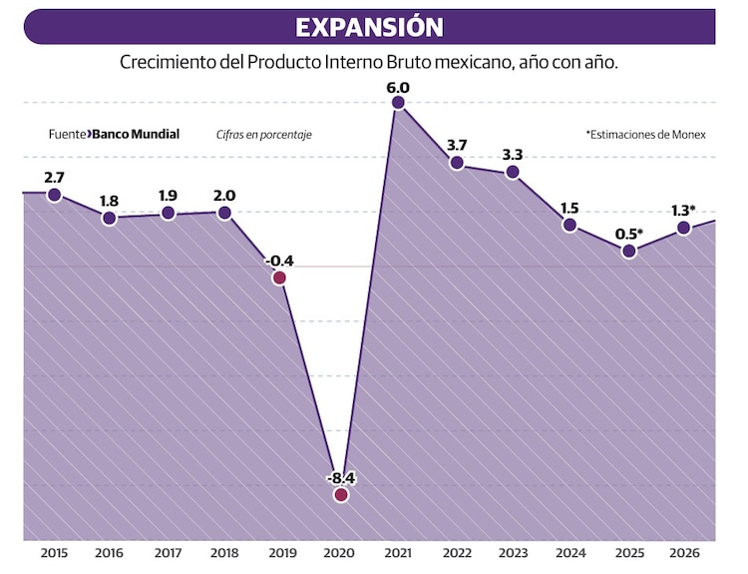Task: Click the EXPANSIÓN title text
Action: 369,26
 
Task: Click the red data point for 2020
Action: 341,494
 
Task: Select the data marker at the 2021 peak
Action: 398,103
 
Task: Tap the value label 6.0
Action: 398,86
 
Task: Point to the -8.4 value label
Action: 341,477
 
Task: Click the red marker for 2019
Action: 279,278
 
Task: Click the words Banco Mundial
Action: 136,134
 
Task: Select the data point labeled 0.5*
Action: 628,251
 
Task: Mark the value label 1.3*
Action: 683,211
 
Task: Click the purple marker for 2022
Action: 457,163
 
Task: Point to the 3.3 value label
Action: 513,155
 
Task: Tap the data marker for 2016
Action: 110,218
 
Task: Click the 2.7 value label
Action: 55,177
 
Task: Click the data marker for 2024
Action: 569,225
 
